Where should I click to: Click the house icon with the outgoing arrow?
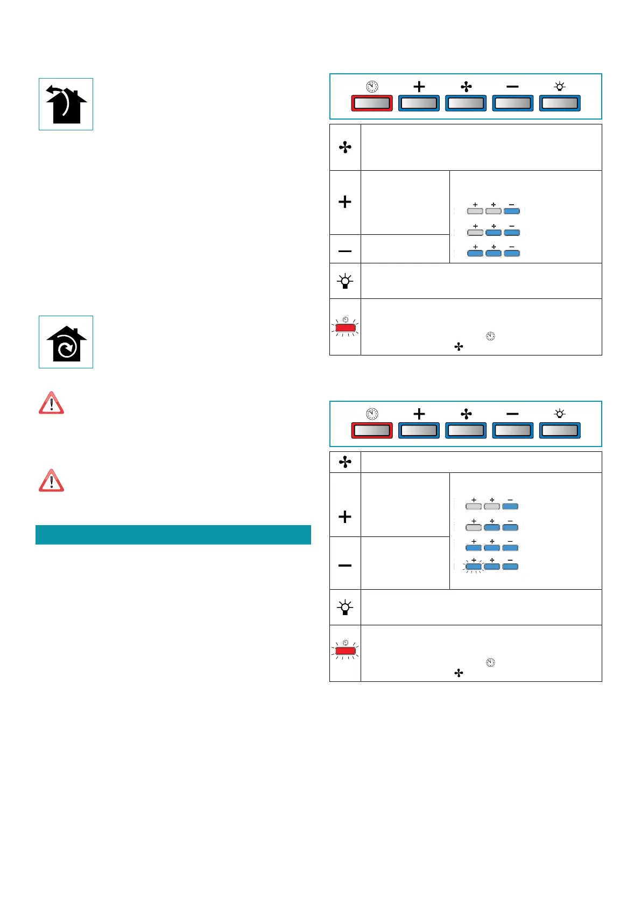[66, 104]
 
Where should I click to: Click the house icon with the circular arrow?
[66, 342]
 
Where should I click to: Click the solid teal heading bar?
[173, 534]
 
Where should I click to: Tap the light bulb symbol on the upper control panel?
[560, 86]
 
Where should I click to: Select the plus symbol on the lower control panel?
[419, 414]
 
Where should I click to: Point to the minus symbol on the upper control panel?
[512, 87]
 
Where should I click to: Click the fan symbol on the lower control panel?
[466, 414]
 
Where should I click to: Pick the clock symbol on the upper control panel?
[372, 86]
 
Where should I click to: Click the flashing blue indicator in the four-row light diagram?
[474, 566]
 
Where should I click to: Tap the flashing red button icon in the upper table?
[345, 327]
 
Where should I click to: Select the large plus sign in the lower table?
[345, 517]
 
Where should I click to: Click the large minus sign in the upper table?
[345, 251]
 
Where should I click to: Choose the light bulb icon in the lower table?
[345, 607]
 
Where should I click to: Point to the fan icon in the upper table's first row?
[345, 147]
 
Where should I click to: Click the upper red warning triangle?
[51, 403]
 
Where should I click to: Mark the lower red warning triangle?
[51, 480]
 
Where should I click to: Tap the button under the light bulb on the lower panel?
[560, 430]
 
